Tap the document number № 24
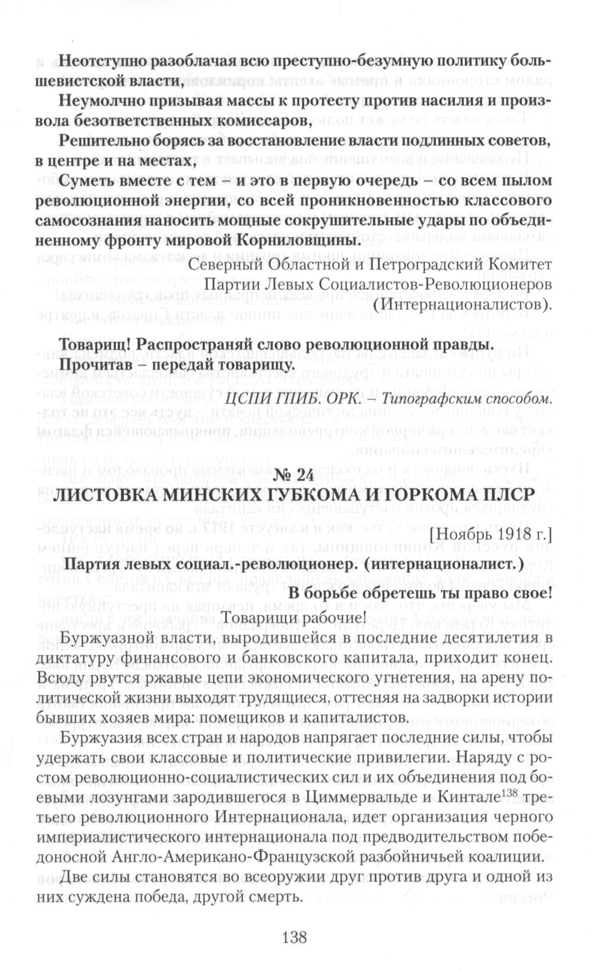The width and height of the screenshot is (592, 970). (295, 476)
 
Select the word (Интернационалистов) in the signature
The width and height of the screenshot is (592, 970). (462, 305)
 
